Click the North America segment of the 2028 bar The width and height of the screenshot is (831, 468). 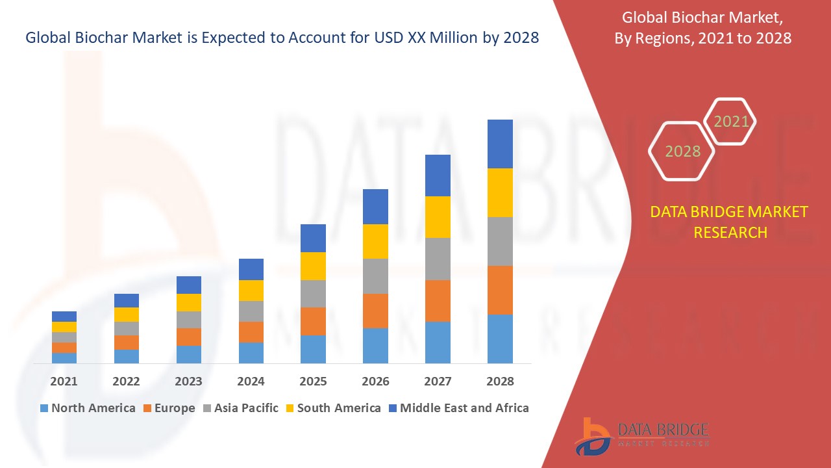500,339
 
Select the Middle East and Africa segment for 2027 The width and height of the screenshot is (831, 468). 438,175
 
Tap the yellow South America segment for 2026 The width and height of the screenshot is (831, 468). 375,241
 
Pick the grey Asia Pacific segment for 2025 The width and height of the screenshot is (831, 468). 313,294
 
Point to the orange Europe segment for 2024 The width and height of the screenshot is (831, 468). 251,332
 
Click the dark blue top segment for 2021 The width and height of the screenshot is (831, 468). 64,317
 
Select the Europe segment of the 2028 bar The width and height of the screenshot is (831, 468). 500,290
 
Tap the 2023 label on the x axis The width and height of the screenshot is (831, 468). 188,382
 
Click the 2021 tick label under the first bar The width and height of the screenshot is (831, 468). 64,382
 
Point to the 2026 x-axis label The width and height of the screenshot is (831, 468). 375,382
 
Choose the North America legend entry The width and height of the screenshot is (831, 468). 87,408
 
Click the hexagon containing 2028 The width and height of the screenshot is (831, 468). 682,151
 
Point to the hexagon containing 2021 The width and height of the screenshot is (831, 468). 730,122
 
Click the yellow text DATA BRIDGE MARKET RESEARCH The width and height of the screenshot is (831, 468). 729,222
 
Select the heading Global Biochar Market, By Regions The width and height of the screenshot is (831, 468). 702,29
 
